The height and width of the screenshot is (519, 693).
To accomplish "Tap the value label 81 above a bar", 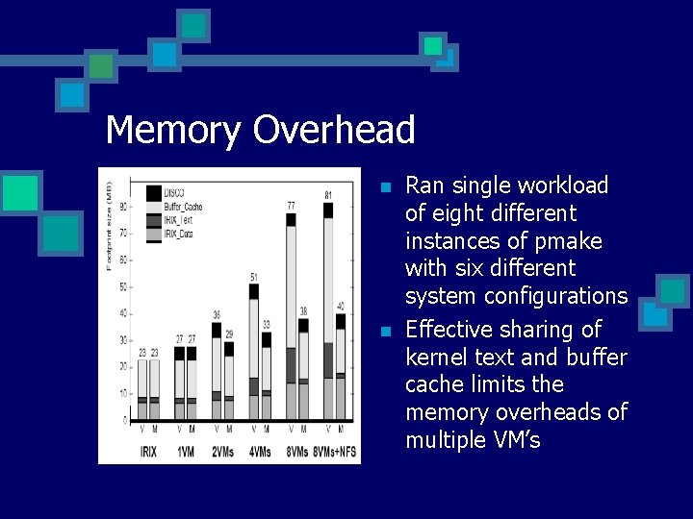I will [x=328, y=195].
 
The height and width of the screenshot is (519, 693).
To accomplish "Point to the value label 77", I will [x=291, y=206].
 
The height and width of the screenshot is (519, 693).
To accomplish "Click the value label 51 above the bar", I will [x=254, y=278].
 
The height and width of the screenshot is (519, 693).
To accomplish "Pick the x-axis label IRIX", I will [x=148, y=451].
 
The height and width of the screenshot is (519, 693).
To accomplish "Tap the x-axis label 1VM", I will [x=185, y=451].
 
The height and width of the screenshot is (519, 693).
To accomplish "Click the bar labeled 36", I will [x=217, y=375].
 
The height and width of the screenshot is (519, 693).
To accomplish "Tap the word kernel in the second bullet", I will [x=438, y=358].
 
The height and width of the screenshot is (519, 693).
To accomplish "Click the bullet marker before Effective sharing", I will [x=386, y=332].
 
